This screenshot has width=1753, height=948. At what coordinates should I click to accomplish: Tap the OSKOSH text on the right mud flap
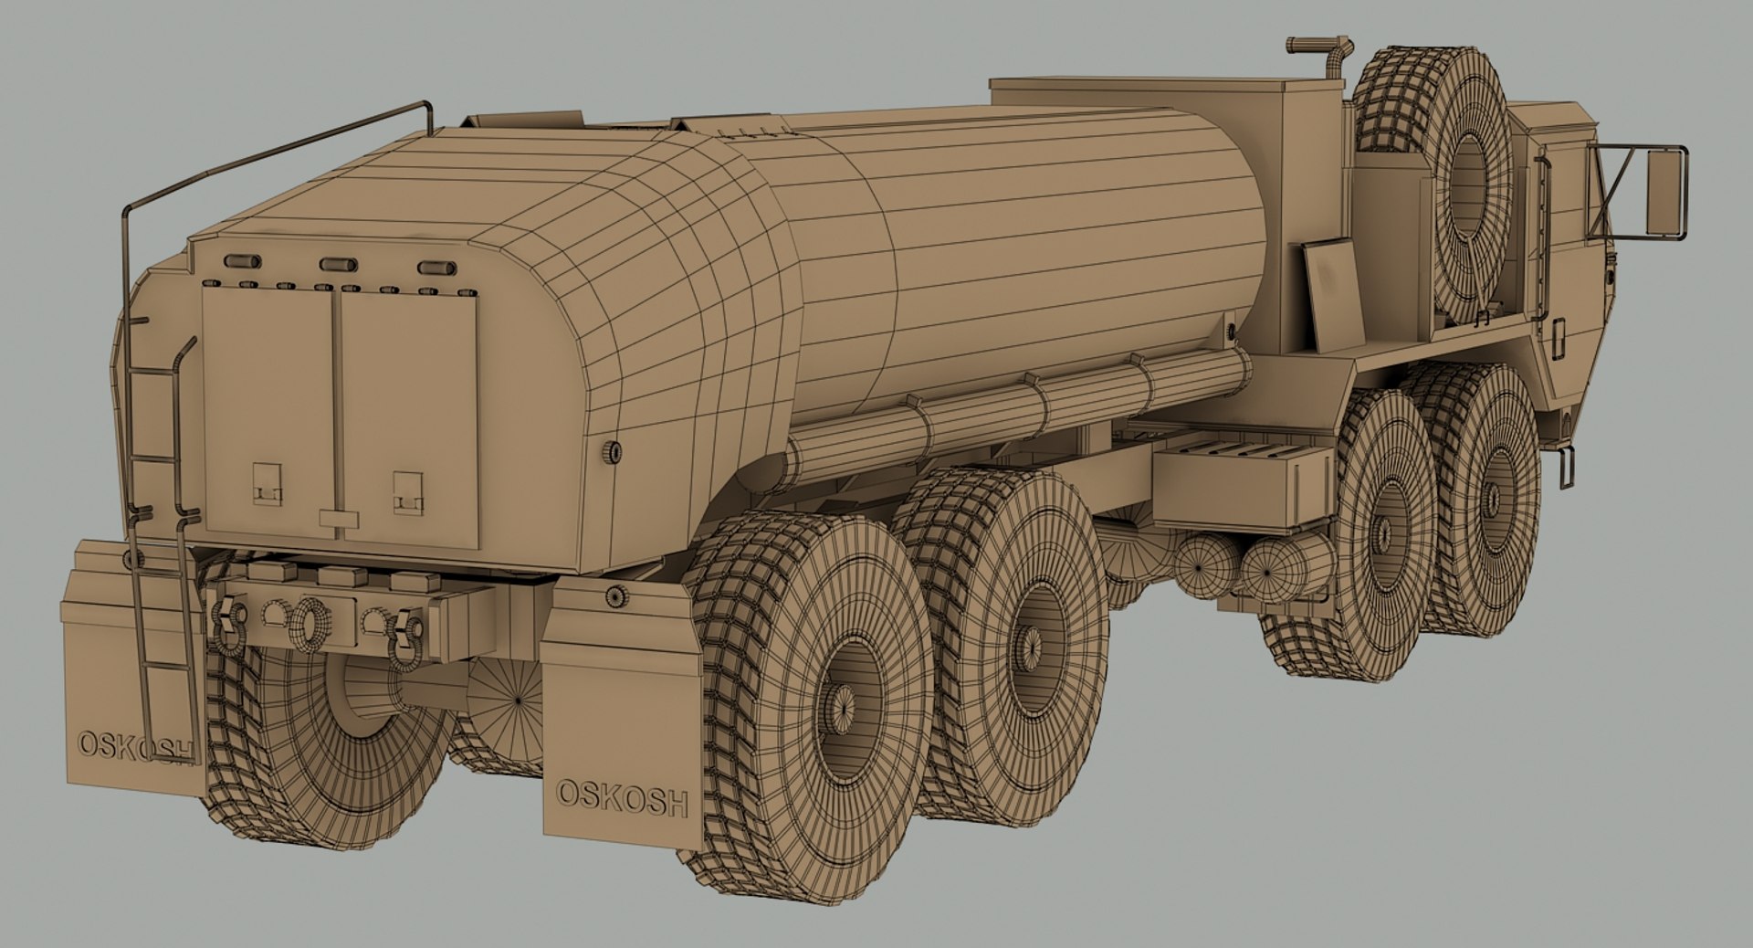pyautogui.click(x=622, y=797)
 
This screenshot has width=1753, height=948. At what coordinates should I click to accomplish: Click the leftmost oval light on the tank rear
pyautogui.click(x=242, y=261)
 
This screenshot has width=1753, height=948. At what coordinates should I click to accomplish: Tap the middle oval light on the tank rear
pyautogui.click(x=338, y=265)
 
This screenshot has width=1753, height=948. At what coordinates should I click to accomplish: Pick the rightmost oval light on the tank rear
pyautogui.click(x=436, y=268)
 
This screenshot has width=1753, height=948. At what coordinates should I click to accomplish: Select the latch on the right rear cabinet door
pyautogui.click(x=408, y=491)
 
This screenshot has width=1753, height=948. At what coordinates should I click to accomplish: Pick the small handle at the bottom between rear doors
pyautogui.click(x=339, y=519)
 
